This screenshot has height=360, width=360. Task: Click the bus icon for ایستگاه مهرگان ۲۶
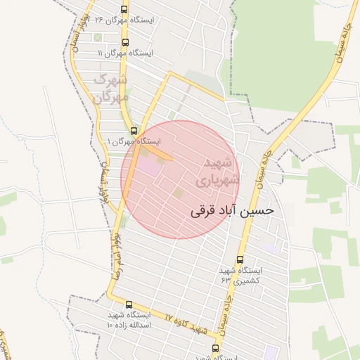124,10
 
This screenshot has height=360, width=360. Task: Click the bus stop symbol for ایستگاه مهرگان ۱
134,130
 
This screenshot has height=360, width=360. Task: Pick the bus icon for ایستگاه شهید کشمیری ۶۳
241,260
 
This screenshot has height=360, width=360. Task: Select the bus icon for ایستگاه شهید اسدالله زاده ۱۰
128,304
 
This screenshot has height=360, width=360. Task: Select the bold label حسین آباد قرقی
231,210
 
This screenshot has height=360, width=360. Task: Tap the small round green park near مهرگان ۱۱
97,37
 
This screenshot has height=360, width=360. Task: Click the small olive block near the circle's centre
178,193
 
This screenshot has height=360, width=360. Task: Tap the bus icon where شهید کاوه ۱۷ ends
215,347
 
